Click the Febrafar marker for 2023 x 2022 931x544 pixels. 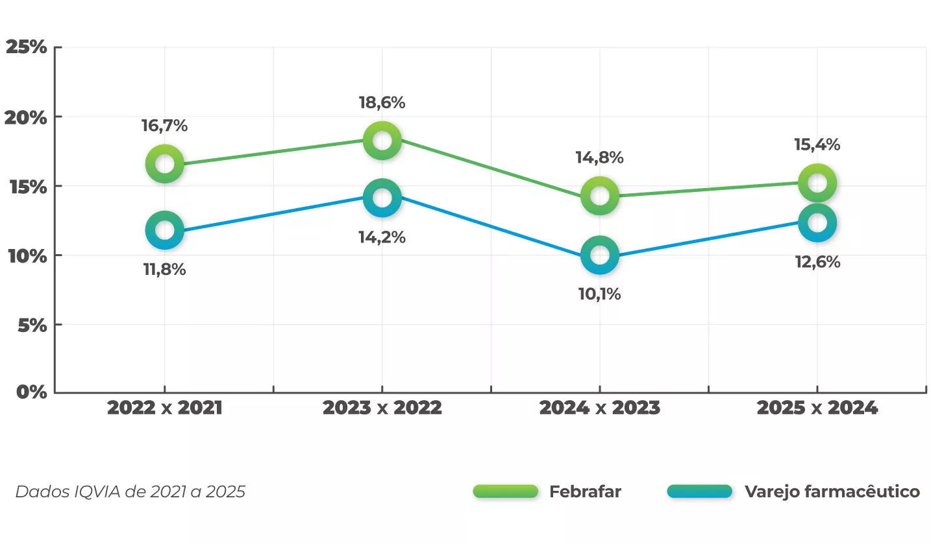(x=382, y=140)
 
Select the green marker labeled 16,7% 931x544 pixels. (x=165, y=163)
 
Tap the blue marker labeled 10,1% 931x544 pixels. (x=600, y=255)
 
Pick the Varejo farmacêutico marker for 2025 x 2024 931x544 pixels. (x=817, y=222)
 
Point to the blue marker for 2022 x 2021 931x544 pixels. (x=165, y=230)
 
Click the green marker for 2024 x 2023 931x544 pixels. (x=600, y=195)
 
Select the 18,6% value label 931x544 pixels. (x=382, y=102)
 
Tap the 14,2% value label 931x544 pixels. (x=382, y=237)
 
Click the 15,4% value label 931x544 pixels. (x=817, y=145)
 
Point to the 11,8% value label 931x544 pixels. (x=164, y=270)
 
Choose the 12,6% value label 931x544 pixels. (x=817, y=262)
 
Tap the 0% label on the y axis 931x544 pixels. (x=31, y=392)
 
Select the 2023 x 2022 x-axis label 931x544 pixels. (x=382, y=408)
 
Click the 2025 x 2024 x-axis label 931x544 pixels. (x=817, y=408)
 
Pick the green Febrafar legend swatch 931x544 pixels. (x=506, y=491)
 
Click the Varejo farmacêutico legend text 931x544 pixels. (x=832, y=491)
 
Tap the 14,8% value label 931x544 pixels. (x=599, y=158)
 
